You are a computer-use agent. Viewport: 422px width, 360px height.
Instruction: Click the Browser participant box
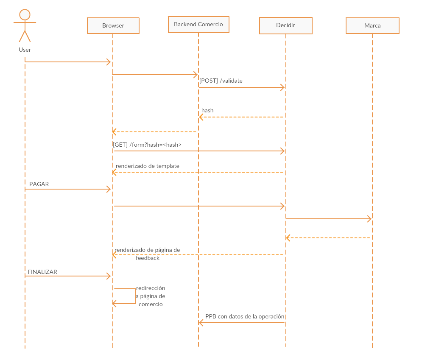click(x=113, y=25)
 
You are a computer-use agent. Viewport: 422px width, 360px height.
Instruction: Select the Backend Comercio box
click(x=198, y=24)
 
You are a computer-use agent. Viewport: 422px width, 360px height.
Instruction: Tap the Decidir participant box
click(x=285, y=25)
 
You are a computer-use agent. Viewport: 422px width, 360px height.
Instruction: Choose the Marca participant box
click(x=372, y=25)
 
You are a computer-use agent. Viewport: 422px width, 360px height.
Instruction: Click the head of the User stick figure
click(x=25, y=15)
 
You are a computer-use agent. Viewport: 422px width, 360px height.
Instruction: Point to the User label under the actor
click(x=25, y=50)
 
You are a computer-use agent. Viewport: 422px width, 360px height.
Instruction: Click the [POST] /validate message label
click(x=221, y=81)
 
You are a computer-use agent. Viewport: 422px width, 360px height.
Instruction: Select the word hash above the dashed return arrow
click(x=207, y=111)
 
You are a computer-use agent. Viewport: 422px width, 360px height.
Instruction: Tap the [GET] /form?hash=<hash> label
click(x=148, y=145)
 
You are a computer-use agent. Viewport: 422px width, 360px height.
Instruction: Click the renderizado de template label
click(x=147, y=166)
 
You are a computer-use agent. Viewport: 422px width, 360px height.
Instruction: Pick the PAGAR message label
click(x=39, y=184)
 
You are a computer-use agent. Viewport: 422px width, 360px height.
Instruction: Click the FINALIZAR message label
click(x=42, y=272)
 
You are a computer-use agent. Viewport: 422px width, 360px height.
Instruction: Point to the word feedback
click(x=148, y=258)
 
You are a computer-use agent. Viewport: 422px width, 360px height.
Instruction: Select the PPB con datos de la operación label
click(x=245, y=316)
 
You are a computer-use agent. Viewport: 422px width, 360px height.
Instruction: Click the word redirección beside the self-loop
click(x=151, y=288)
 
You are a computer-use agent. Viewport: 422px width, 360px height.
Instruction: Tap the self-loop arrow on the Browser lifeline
click(x=135, y=296)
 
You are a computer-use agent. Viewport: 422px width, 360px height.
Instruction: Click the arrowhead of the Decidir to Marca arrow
click(x=369, y=219)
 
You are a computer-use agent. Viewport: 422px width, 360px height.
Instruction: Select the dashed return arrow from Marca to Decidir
click(x=329, y=238)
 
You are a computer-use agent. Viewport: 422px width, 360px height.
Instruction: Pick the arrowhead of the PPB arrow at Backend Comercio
click(x=201, y=323)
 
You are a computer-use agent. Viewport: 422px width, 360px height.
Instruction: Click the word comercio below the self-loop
click(x=151, y=304)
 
